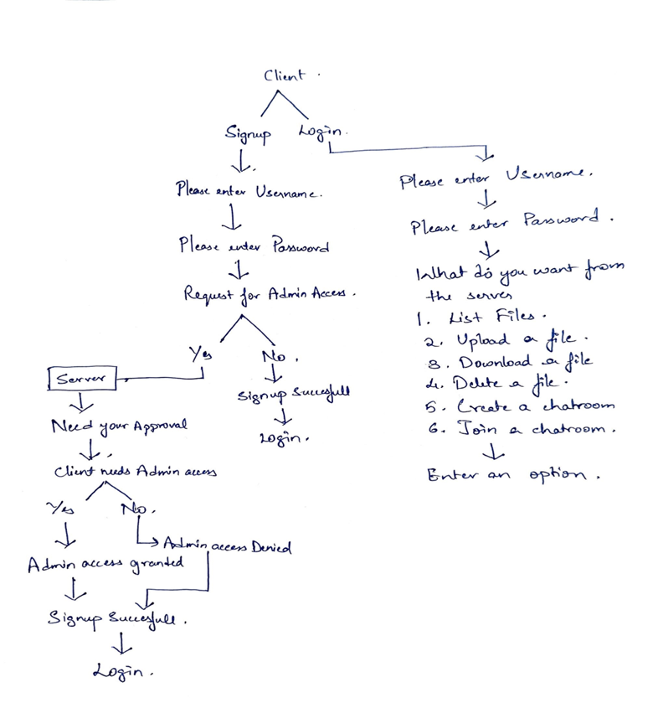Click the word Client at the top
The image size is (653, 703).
click(285, 75)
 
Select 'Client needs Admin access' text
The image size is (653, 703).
click(136, 472)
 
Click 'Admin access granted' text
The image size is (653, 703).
click(105, 565)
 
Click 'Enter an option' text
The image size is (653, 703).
click(515, 474)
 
